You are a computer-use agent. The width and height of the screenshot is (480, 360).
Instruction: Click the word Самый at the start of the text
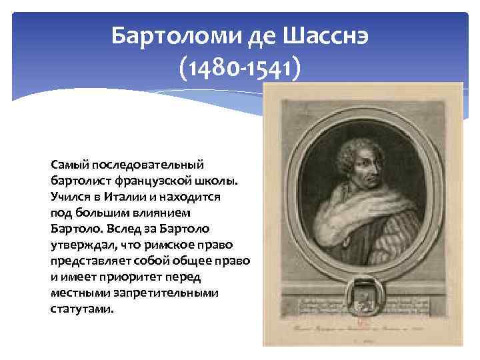70,164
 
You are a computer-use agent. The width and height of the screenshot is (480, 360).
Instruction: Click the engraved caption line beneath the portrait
360,328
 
